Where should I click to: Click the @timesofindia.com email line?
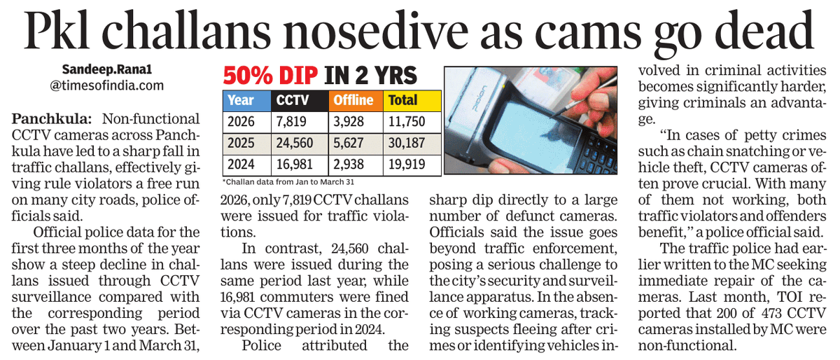(107, 86)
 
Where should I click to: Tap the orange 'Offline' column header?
(352, 100)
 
